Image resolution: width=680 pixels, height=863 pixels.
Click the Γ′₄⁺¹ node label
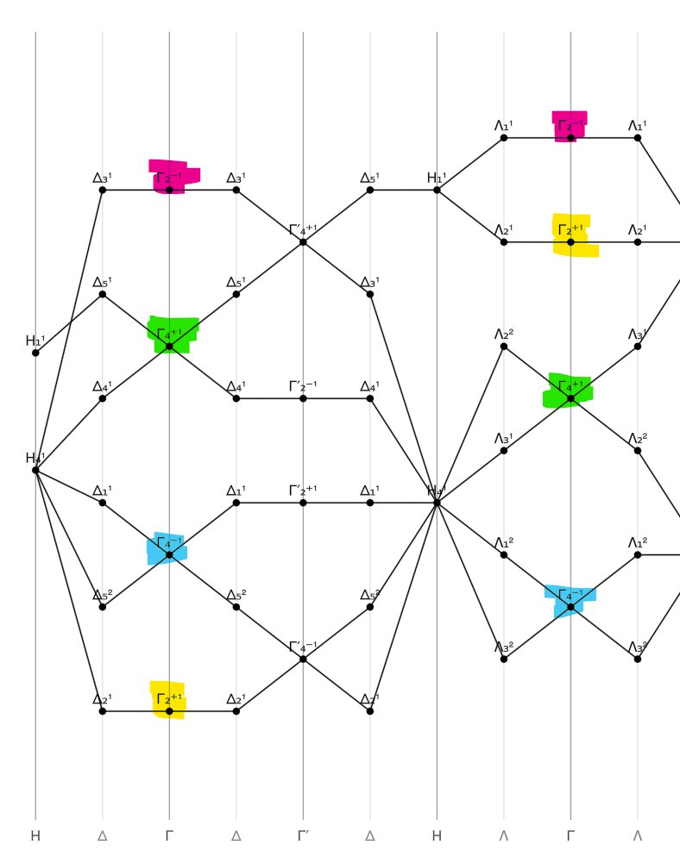tap(303, 229)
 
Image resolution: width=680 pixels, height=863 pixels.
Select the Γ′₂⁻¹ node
tap(303, 398)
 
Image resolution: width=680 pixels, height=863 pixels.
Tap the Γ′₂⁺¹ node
tap(303, 503)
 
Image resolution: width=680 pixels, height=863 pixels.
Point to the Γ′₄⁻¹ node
tap(303, 660)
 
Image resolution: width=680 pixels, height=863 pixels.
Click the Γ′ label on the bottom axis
tap(303, 835)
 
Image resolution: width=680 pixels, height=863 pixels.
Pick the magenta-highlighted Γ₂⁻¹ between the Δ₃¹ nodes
tap(169, 190)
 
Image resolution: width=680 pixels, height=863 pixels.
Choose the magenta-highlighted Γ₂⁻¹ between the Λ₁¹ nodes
tap(570, 137)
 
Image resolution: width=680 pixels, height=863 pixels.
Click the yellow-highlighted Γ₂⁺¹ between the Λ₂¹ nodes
tap(570, 242)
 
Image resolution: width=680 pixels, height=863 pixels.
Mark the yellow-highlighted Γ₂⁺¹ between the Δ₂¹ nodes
tap(169, 711)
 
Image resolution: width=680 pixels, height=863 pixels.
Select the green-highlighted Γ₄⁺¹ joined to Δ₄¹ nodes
tap(169, 347)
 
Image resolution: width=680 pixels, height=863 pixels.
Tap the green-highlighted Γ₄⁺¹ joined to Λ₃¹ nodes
tap(570, 398)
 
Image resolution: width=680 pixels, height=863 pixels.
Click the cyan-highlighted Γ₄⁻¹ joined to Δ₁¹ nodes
tap(169, 554)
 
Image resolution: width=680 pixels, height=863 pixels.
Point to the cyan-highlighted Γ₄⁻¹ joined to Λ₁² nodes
tap(570, 607)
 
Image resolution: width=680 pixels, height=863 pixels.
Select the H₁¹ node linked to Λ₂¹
tap(437, 190)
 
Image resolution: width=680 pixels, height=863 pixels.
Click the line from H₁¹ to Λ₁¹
tap(470, 163)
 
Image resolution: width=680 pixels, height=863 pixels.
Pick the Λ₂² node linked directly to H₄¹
tap(504, 347)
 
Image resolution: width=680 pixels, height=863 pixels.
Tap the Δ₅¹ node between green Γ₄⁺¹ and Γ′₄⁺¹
tap(236, 294)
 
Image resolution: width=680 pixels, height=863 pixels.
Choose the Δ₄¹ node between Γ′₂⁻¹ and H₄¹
tap(370, 398)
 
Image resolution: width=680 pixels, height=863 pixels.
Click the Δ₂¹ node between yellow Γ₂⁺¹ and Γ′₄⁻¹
tap(236, 711)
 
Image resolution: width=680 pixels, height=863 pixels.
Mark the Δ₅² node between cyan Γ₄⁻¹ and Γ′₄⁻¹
tap(236, 607)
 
